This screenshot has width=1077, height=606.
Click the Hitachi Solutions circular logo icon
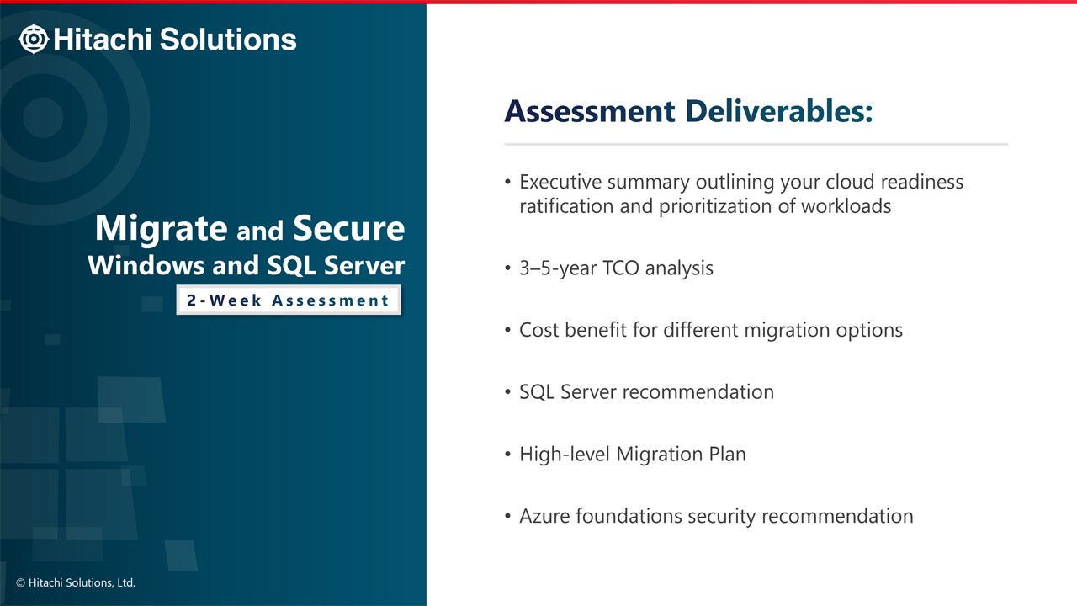33,39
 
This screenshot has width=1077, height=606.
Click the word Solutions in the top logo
228,39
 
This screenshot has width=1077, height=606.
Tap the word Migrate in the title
161,228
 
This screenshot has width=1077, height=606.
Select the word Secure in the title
349,228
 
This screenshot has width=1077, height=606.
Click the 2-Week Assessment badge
289,300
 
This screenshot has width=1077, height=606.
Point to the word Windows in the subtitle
146,265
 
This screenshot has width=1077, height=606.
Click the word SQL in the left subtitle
292,266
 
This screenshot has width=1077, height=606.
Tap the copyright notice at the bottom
76,583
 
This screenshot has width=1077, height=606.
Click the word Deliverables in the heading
779,111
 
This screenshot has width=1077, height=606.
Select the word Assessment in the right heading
590,111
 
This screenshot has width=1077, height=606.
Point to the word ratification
566,206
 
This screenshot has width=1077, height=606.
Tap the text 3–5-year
558,268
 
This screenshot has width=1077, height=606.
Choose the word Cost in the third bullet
539,330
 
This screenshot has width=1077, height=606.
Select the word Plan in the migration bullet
728,454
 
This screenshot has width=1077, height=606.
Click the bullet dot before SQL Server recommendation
507,392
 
